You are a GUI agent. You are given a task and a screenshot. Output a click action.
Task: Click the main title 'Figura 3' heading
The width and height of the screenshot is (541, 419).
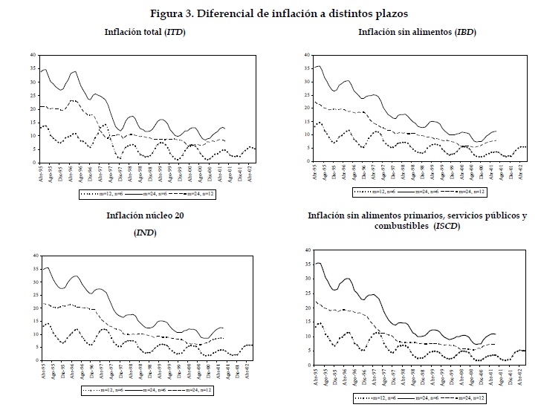(268, 13)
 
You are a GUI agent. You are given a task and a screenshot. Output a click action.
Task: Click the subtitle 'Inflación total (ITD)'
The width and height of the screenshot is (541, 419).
(145, 32)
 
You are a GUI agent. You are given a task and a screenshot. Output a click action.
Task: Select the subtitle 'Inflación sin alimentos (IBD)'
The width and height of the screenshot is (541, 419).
(417, 32)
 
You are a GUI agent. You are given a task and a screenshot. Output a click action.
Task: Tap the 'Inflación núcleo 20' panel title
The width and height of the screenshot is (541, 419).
(143, 216)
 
